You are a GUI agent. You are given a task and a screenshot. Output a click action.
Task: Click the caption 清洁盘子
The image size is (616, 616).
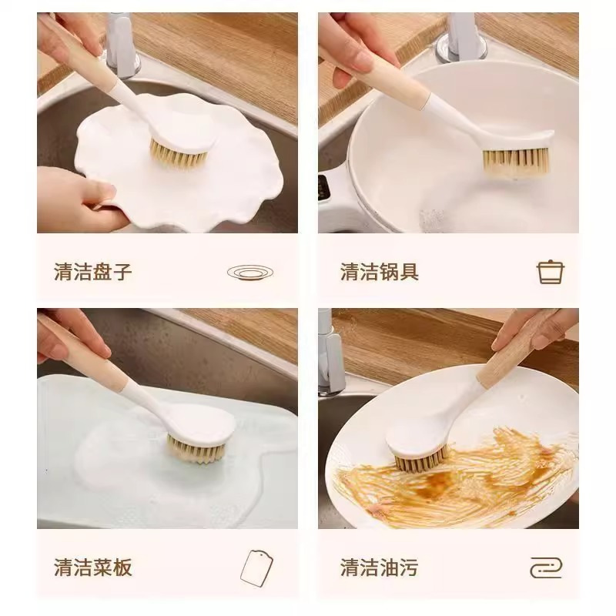pyautogui.click(x=92, y=272)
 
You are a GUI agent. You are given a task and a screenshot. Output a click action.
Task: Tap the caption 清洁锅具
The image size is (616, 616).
pyautogui.click(x=379, y=272)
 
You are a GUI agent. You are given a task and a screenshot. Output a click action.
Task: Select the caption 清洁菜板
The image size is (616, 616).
pyautogui.click(x=92, y=568)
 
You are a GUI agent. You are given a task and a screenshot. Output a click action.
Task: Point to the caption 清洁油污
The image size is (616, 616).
pyautogui.click(x=379, y=568)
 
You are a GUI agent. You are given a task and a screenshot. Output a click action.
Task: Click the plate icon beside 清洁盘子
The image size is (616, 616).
pyautogui.click(x=250, y=272)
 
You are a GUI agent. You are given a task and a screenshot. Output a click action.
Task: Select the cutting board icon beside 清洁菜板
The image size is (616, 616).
pyautogui.click(x=256, y=568)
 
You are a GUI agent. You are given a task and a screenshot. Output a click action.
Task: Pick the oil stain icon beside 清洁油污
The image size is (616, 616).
pyautogui.click(x=546, y=568)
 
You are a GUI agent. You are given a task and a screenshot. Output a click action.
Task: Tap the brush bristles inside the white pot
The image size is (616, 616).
pyautogui.click(x=514, y=161)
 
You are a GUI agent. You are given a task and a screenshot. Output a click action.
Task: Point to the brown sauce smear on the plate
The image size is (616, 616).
pyautogui.click(x=462, y=481)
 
